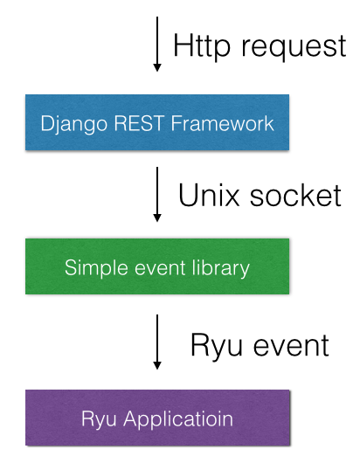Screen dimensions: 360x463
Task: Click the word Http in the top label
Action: [202, 46]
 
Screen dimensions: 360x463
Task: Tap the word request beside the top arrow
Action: [294, 47]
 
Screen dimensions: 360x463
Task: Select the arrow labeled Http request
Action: [157, 45]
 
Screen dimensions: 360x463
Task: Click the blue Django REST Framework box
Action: [157, 122]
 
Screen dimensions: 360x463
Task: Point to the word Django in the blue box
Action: [73, 124]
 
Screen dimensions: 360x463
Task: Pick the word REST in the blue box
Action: [139, 123]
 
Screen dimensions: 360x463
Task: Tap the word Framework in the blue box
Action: [223, 123]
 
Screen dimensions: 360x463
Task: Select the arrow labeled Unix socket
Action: [157, 194]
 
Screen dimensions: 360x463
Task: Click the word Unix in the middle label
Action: [209, 195]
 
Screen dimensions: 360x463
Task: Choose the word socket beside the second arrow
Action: [295, 195]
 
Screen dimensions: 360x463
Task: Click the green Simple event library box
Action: [157, 266]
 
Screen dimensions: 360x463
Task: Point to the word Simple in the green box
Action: [96, 269]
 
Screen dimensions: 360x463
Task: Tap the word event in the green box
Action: [160, 268]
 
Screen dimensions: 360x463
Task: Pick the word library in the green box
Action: [221, 269]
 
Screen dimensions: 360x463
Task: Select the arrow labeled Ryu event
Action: [157, 342]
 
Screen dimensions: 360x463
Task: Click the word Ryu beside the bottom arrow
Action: [217, 346]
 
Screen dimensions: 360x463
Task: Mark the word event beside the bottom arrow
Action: [291, 345]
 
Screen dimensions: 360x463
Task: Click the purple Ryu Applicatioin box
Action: [157, 418]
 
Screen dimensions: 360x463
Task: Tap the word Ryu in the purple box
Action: [99, 419]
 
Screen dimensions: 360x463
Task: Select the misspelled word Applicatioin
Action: [178, 419]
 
